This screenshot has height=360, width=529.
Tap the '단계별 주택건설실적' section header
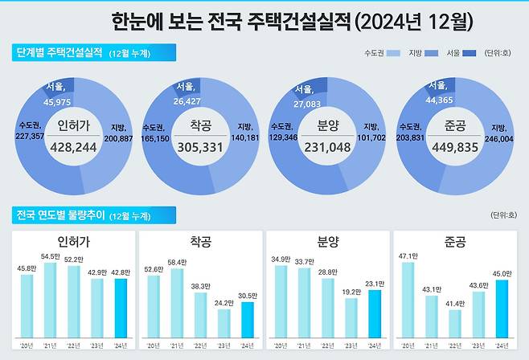[59, 54]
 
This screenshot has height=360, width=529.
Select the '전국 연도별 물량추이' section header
[59, 215]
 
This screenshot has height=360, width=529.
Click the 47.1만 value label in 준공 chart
[408, 256]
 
